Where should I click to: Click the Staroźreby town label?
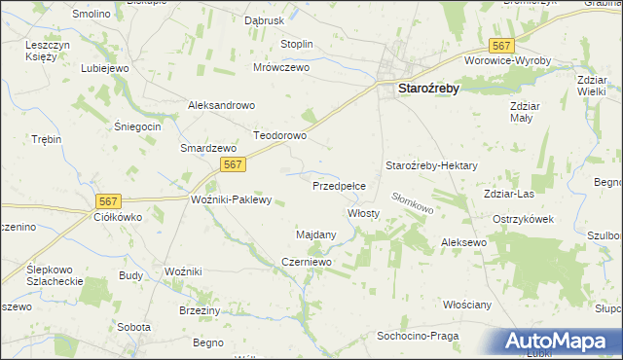click(x=428, y=89)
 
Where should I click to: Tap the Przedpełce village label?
click(x=339, y=184)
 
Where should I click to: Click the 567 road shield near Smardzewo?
click(x=232, y=165)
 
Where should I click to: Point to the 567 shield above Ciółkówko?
click(x=109, y=200)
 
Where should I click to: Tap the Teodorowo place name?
click(x=280, y=136)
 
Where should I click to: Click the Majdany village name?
click(x=315, y=234)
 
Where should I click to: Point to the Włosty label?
click(x=363, y=212)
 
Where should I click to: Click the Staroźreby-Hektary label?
click(x=431, y=166)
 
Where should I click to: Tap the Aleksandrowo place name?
click(x=221, y=105)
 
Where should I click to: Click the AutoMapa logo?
click(x=559, y=342)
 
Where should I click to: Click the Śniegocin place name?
click(x=137, y=127)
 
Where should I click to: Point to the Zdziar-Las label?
click(x=507, y=194)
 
